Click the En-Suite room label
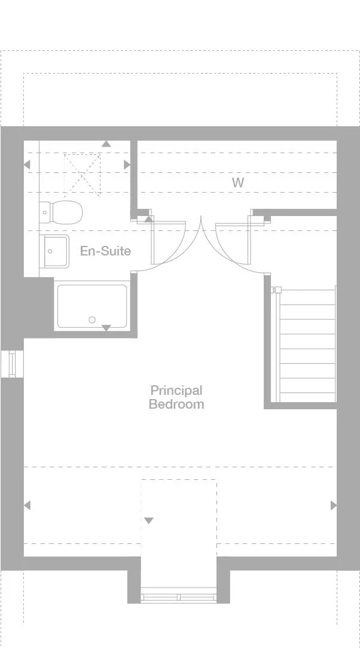tap(105, 251)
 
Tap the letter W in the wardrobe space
tap(238, 182)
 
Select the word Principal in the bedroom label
tap(176, 391)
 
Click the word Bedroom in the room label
tap(176, 404)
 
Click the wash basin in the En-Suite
tap(54, 251)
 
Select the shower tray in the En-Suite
tap(92, 306)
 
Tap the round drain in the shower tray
tap(92, 320)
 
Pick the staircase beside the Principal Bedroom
tap(306, 345)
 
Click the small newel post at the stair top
tap(277, 290)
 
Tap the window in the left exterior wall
tap(11, 364)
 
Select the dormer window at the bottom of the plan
tap(179, 597)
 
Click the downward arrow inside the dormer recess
tap(148, 521)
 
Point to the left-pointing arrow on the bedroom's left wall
tap(27, 506)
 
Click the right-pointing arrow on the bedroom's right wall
tap(334, 506)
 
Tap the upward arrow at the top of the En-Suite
tap(106, 144)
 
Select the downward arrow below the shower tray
tap(106, 328)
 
